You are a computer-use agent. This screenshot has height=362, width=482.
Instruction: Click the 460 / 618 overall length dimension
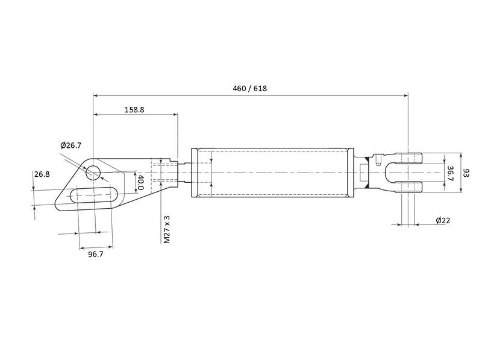[x=249, y=88]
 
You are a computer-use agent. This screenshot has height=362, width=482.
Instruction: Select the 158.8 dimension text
[x=134, y=110]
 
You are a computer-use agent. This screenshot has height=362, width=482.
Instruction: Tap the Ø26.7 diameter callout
[x=71, y=145]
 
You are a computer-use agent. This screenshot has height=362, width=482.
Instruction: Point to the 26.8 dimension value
[x=42, y=174]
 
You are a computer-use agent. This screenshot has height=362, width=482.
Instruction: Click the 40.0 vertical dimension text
[x=140, y=182]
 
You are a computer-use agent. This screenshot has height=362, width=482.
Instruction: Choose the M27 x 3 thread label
[x=167, y=229]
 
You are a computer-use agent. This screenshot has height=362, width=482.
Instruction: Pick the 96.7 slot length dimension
[x=95, y=255]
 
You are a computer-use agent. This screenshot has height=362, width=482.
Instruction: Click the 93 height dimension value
[x=466, y=173]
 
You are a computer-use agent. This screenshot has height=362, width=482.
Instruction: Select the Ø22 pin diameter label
[x=443, y=221]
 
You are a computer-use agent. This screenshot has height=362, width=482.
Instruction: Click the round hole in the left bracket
[x=92, y=174]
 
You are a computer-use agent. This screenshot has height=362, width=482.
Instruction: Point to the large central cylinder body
[x=271, y=173]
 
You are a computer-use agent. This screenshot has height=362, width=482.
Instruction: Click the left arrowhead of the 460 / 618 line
[x=96, y=95]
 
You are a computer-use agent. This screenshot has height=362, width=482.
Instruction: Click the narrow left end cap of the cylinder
[x=194, y=173]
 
